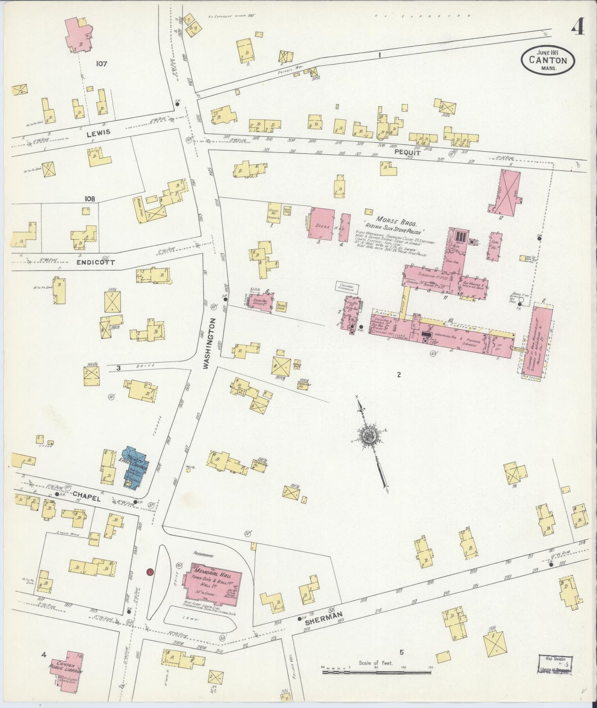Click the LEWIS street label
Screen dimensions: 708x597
click(x=98, y=132)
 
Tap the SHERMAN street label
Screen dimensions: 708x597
click(x=324, y=615)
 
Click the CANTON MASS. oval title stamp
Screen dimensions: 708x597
click(x=547, y=59)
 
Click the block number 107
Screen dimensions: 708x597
click(x=101, y=64)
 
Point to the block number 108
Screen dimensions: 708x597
click(x=90, y=199)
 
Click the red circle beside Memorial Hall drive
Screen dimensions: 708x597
click(x=150, y=572)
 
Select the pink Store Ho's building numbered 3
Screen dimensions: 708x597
click(x=322, y=223)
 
